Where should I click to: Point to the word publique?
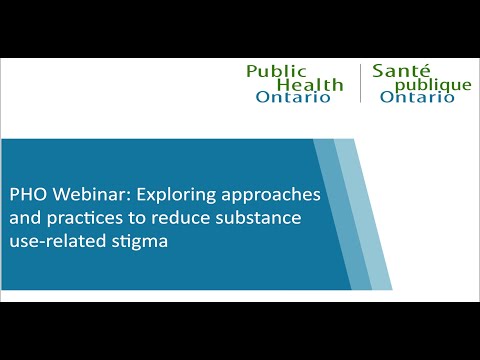[x=432, y=86]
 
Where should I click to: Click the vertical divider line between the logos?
[x=360, y=84]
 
